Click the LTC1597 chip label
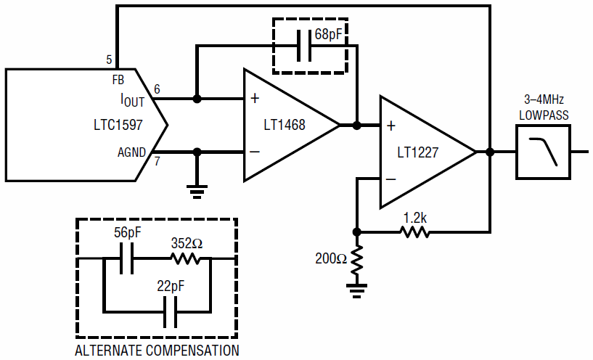coord(118,125)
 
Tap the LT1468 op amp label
coord(285,125)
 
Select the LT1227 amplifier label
coord(418,152)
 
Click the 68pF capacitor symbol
coord(304,46)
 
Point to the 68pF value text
coord(328,35)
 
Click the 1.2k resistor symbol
coord(415,232)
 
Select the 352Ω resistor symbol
coord(185,258)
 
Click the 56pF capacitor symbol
coord(127,258)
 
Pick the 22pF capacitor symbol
coord(170,312)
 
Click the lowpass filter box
coord(543,152)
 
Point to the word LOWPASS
coord(544,115)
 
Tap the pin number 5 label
coord(109,60)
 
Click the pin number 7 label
coord(157,161)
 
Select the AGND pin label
coord(131,152)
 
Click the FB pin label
coord(118,80)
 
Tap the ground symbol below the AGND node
coord(197,192)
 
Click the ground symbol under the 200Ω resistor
coord(356,291)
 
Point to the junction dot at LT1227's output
coord(490,152)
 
